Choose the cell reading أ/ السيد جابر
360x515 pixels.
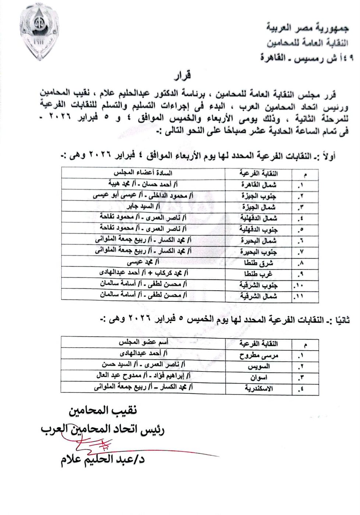click(144, 207)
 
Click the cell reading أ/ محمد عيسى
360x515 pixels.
click(144, 263)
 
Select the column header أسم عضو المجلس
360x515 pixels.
click(144, 343)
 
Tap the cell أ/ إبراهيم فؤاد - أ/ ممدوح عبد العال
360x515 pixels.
click(144, 376)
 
